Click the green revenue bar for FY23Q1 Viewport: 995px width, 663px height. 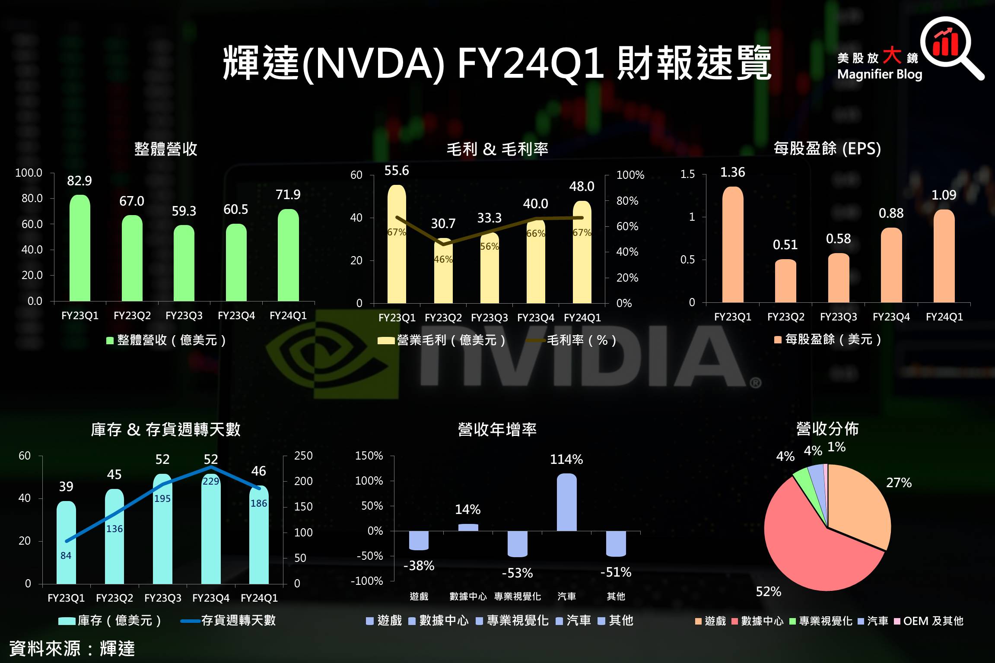pos(80,248)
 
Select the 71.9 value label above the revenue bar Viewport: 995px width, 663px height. pos(288,195)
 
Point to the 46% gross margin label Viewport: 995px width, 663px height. pos(443,260)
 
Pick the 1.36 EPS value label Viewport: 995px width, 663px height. pos(733,172)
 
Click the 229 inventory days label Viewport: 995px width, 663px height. pos(211,481)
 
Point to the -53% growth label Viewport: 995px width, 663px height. pos(517,573)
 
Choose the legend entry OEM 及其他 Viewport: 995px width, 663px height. pos(929,621)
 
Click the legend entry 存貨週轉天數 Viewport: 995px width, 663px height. pos(238,621)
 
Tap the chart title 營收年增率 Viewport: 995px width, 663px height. pos(497,429)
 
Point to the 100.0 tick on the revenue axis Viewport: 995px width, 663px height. pos(29,173)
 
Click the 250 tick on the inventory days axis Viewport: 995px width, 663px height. pos(303,456)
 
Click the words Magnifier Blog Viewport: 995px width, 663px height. pos(880,75)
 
